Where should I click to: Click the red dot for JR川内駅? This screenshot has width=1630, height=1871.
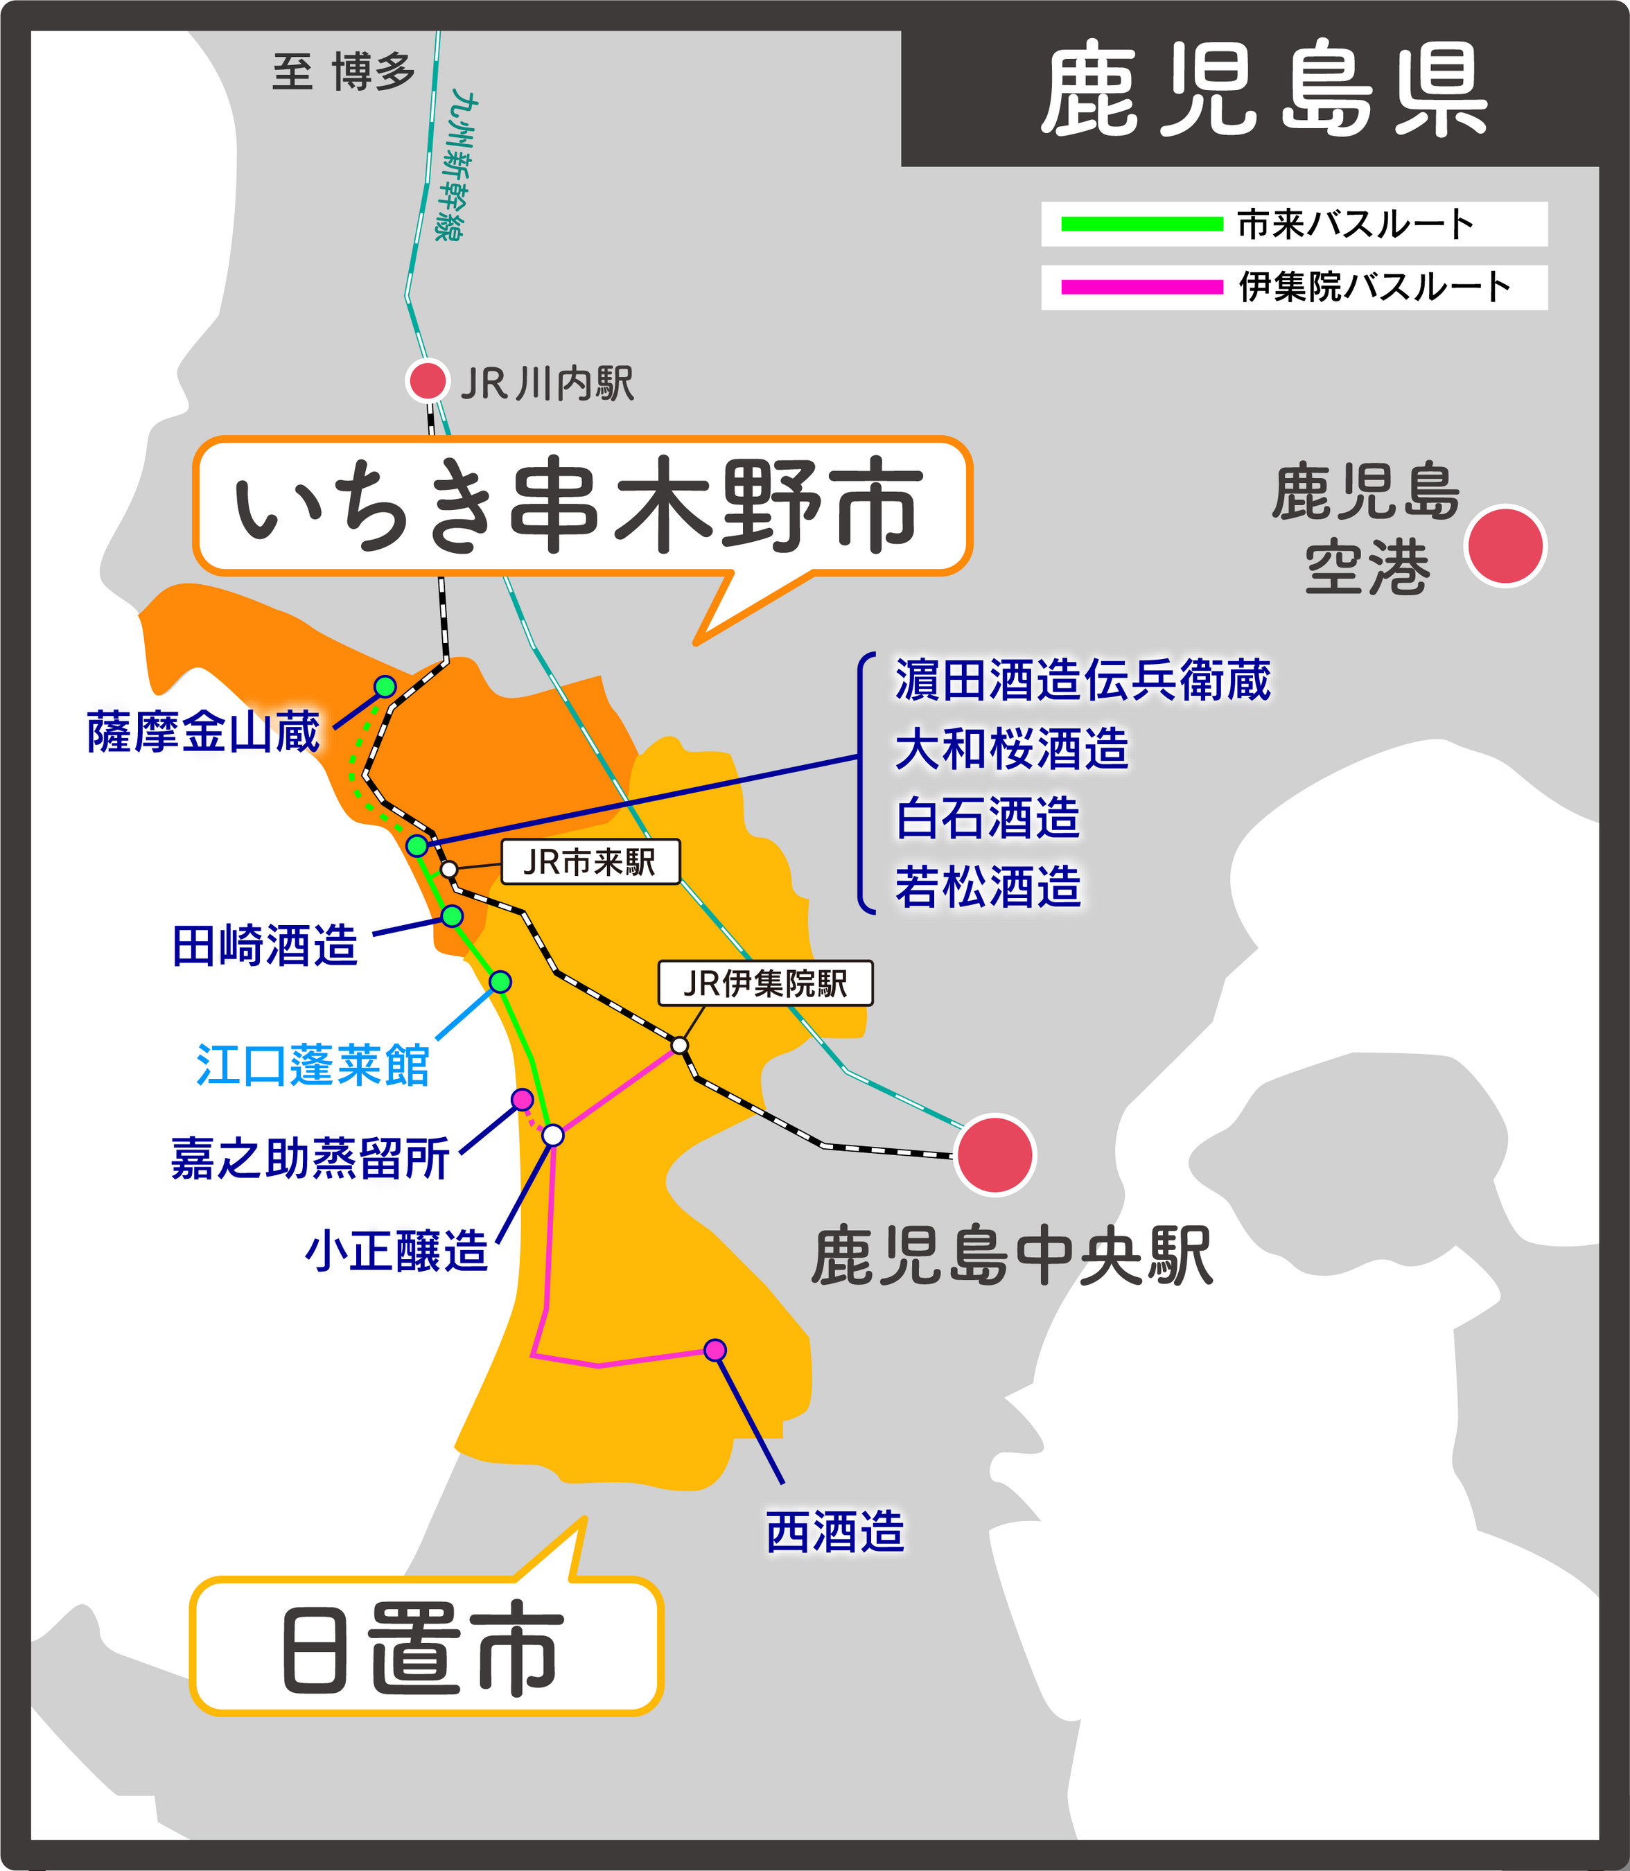[427, 380]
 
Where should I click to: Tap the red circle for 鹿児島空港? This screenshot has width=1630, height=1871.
[1505, 546]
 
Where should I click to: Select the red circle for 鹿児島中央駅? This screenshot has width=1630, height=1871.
[994, 1154]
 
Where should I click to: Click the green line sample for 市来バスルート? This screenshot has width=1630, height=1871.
[1141, 224]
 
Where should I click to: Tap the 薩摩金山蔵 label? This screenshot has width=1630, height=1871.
[204, 732]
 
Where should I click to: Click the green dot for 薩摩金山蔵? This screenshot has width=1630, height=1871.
[385, 686]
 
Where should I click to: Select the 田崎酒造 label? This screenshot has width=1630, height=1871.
[265, 946]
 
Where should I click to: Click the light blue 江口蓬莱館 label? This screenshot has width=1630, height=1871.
[312, 1065]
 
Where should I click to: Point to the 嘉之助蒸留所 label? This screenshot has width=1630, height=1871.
[310, 1159]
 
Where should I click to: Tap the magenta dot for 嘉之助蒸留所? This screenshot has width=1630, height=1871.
[522, 1100]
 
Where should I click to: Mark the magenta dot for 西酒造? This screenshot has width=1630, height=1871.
[715, 1350]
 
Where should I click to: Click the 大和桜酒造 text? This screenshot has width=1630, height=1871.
[1012, 750]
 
